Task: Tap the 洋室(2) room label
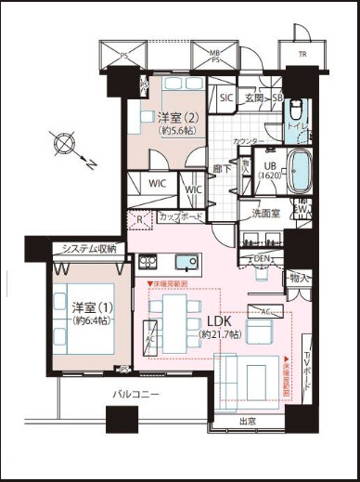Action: pyautogui.click(x=175, y=118)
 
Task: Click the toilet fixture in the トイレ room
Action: pyautogui.click(x=296, y=110)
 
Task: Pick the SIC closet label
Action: pyautogui.click(x=225, y=98)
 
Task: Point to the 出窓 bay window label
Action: pyautogui.click(x=249, y=423)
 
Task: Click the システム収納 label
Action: pyautogui.click(x=89, y=249)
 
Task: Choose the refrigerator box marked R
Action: pyautogui.click(x=140, y=222)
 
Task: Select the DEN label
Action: pyautogui.click(x=263, y=257)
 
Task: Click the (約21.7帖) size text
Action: pyautogui.click(x=220, y=333)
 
